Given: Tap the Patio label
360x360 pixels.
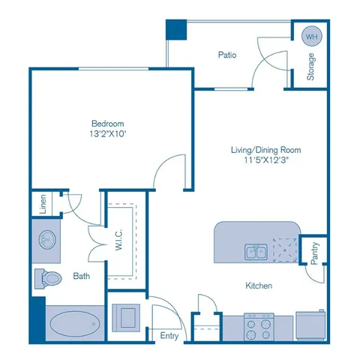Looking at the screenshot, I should pyautogui.click(x=228, y=55).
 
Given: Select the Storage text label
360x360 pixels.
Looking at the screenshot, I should pyautogui.click(x=310, y=67).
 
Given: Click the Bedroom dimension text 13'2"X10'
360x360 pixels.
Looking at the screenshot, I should pyautogui.click(x=108, y=135).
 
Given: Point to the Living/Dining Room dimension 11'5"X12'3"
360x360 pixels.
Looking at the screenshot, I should pyautogui.click(x=259, y=160).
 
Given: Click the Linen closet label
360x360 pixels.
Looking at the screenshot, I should pyautogui.click(x=41, y=205).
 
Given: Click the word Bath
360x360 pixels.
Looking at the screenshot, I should pyautogui.click(x=82, y=276).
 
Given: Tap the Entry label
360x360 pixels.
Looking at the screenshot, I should pyautogui.click(x=169, y=335).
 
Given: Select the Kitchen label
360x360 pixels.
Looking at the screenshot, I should pyautogui.click(x=259, y=286).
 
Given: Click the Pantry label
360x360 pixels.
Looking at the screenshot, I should pyautogui.click(x=313, y=251).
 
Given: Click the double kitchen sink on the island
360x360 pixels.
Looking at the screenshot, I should pyautogui.click(x=256, y=251).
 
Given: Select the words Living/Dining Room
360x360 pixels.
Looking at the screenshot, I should pyautogui.click(x=259, y=149).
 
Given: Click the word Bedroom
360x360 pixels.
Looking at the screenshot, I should pyautogui.click(x=108, y=124).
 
